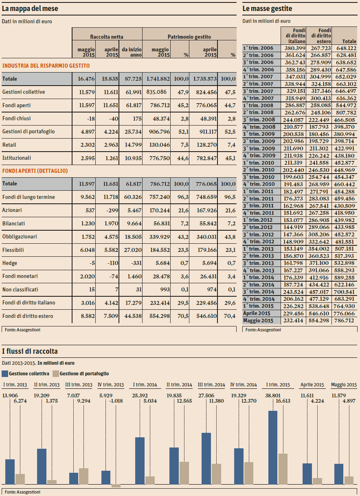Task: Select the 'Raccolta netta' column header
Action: (x=107, y=37)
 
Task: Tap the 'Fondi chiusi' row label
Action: (x=16, y=119)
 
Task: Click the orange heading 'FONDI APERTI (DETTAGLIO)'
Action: (x=35, y=171)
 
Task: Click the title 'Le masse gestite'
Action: (x=267, y=9)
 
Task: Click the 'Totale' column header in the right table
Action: (x=349, y=42)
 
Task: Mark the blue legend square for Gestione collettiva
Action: (x=5, y=373)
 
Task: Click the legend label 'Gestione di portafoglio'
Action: (x=84, y=373)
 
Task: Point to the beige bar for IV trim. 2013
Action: (x=116, y=486)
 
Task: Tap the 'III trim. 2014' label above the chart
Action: (x=211, y=385)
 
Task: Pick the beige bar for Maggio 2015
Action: (x=349, y=481)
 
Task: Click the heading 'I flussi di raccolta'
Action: (x=30, y=351)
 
